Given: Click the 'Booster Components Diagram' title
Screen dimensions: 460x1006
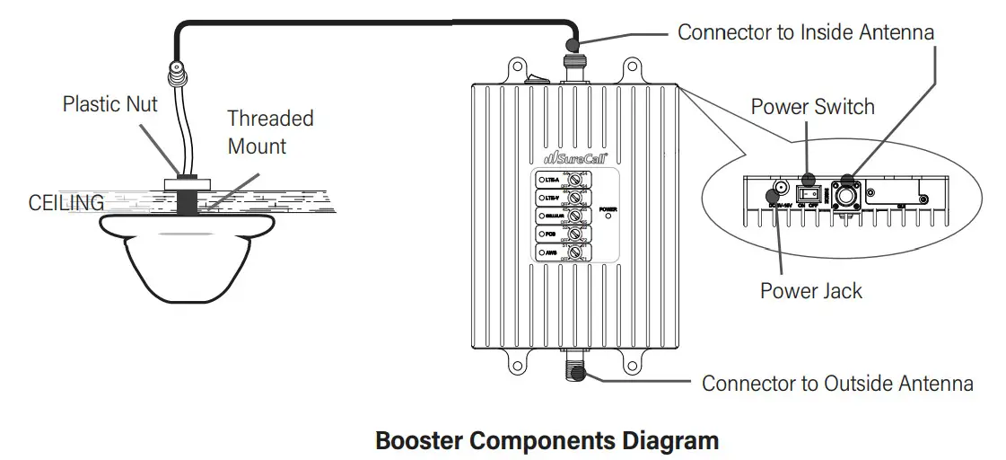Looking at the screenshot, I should click(547, 441).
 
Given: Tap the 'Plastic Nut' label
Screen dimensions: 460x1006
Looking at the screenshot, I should click(109, 104).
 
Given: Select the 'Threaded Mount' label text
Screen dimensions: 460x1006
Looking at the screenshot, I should click(270, 131).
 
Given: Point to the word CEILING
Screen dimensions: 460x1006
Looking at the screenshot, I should click(66, 203).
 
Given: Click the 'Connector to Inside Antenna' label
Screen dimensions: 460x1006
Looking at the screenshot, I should click(805, 32).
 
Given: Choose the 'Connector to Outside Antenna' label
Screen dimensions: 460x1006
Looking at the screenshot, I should click(836, 384).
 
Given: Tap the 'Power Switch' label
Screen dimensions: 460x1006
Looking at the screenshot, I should click(812, 107).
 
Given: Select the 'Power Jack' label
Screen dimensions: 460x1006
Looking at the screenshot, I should click(810, 290).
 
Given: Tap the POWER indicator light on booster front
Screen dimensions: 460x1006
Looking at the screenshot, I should click(608, 216).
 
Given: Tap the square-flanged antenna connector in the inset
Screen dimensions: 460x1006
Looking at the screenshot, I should click(845, 195).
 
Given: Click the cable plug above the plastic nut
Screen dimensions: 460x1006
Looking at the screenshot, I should click(177, 67).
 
